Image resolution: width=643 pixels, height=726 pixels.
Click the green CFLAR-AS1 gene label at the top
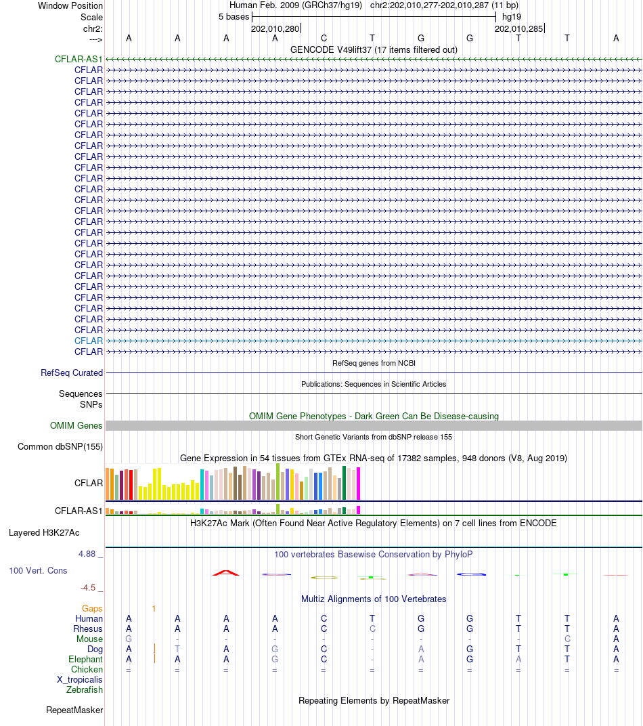coord(79,60)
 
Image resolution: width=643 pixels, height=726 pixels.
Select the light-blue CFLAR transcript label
coord(89,341)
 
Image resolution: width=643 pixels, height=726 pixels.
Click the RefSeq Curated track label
coord(72,372)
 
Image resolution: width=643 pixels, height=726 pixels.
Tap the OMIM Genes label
coord(76,425)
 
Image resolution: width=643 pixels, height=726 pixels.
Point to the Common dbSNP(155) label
coord(60,447)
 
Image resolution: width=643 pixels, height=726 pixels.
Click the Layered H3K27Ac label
coord(44,533)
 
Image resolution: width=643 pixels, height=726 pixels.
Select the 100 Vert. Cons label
coord(38,571)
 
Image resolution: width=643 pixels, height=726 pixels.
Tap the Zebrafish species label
coord(84,690)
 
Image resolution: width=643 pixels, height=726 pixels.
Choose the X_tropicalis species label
coord(80,680)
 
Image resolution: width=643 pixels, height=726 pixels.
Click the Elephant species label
coord(85,660)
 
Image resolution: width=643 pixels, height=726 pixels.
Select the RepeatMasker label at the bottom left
coord(74,710)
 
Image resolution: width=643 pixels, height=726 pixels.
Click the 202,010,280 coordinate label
coord(275,28)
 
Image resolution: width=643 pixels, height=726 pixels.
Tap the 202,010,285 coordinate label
coord(518,28)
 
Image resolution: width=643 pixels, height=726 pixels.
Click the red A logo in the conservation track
coord(226,573)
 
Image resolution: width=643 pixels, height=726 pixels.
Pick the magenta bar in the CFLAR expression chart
coord(358,484)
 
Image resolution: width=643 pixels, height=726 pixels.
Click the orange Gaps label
coord(92,608)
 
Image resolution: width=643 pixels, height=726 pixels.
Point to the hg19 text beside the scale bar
coord(512,17)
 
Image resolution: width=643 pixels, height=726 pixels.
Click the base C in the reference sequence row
coord(324,39)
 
